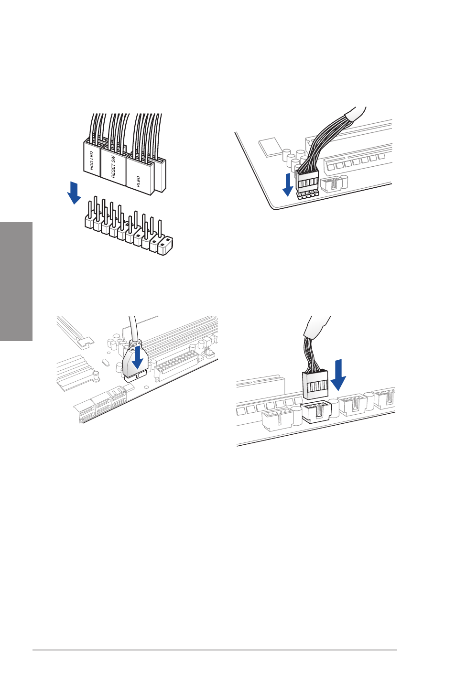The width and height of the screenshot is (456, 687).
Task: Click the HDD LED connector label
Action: click(91, 161)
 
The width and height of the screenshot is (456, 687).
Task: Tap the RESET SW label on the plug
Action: click(113, 167)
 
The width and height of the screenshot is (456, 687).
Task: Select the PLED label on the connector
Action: click(139, 181)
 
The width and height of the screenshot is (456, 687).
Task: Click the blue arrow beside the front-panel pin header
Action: click(74, 193)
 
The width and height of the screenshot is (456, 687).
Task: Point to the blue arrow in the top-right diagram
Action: click(288, 184)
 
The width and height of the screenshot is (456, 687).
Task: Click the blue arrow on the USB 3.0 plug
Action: click(137, 358)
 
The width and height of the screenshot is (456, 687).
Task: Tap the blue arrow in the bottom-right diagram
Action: click(338, 375)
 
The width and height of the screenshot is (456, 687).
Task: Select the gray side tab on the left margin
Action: click(16, 281)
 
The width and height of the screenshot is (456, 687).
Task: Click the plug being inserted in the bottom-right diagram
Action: click(315, 385)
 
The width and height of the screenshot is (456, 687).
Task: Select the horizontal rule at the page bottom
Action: click(215, 650)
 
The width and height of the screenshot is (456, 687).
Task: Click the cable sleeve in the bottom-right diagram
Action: click(317, 328)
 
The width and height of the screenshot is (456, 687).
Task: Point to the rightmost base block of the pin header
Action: click(165, 246)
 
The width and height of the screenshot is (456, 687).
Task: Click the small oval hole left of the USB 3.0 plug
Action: click(106, 363)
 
